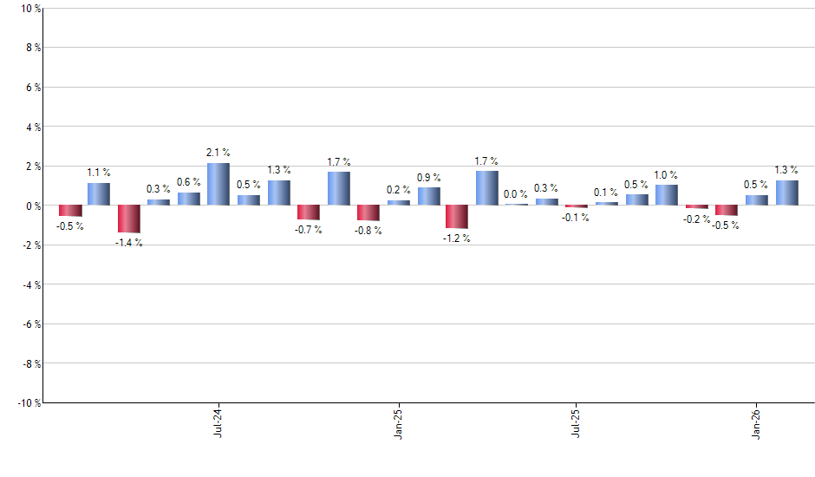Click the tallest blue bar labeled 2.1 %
[218, 184]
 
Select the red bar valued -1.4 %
[129, 219]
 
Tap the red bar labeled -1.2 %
[457, 217]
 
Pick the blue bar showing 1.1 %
[99, 194]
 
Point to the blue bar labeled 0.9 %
[428, 196]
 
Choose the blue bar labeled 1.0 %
[666, 195]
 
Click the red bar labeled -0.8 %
[368, 212]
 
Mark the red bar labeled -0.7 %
[309, 212]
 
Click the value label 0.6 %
[189, 182]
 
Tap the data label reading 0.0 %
[516, 194]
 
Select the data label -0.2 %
[696, 219]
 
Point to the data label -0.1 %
[576, 218]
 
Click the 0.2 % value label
[399, 190]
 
